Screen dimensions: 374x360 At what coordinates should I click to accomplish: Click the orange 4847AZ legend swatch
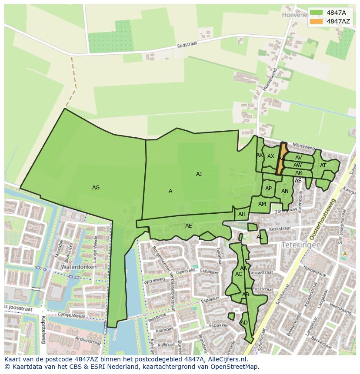[317, 21]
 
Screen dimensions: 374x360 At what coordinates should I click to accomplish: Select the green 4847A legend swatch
[317, 13]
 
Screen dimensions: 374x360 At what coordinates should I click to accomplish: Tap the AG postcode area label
[96, 188]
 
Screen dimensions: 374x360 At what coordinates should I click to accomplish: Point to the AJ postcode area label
[199, 174]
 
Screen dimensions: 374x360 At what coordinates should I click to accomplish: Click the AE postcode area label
[188, 226]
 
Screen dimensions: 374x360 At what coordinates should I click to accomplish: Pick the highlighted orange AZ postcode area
[281, 159]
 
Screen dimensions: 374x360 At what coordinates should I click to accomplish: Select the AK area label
[260, 155]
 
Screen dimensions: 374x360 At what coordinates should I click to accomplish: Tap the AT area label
[323, 165]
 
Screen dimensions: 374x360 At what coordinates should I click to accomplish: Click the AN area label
[285, 191]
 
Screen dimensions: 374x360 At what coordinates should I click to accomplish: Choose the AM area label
[262, 204]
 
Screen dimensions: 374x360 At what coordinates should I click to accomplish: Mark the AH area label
[242, 214]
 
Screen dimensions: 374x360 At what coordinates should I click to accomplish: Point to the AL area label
[260, 237]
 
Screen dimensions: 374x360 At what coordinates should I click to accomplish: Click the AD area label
[244, 323]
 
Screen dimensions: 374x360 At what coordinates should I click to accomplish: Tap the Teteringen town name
[301, 245]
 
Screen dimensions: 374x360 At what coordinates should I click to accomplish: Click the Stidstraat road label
[187, 45]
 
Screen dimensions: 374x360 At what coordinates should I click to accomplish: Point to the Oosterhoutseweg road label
[322, 220]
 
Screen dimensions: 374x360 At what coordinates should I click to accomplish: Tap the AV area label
[298, 158]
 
